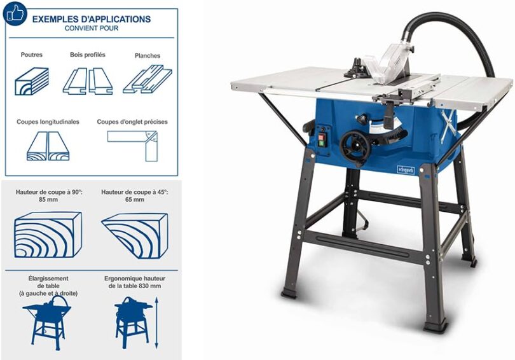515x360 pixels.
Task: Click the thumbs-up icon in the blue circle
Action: point(15,13)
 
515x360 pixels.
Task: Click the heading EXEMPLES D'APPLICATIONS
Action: point(92,19)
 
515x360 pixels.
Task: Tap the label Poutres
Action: point(32,55)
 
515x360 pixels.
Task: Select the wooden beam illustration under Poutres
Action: point(32,81)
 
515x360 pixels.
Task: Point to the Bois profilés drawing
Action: point(88,81)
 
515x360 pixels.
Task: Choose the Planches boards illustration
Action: point(148,79)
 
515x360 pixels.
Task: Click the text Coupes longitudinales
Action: point(48,121)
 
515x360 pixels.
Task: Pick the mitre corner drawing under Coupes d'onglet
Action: point(133,146)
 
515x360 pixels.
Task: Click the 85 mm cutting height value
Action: point(48,199)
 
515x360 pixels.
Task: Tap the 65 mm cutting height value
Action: point(135,199)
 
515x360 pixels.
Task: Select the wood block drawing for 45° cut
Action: point(135,235)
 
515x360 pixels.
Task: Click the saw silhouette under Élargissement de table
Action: point(47,322)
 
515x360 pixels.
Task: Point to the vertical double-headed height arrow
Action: point(156,323)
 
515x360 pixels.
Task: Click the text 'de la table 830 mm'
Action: point(135,286)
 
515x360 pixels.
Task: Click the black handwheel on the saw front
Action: point(355,146)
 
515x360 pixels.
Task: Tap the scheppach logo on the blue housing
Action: point(406,170)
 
